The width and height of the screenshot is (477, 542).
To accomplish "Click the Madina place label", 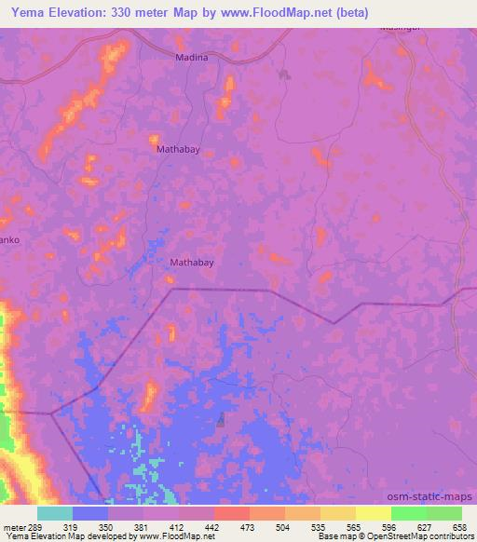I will [x=192, y=57].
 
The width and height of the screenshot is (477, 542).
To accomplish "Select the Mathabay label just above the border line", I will [x=192, y=263].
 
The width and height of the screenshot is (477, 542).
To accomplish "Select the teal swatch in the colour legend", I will [x=55, y=513].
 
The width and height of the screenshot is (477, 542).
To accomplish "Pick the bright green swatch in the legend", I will [x=408, y=513].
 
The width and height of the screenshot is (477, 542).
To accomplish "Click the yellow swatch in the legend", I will [x=373, y=513].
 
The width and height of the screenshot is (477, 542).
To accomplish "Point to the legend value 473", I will [x=247, y=527].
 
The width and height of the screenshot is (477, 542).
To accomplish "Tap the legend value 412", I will [x=175, y=527].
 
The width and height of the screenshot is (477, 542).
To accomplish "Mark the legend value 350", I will [x=106, y=527].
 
